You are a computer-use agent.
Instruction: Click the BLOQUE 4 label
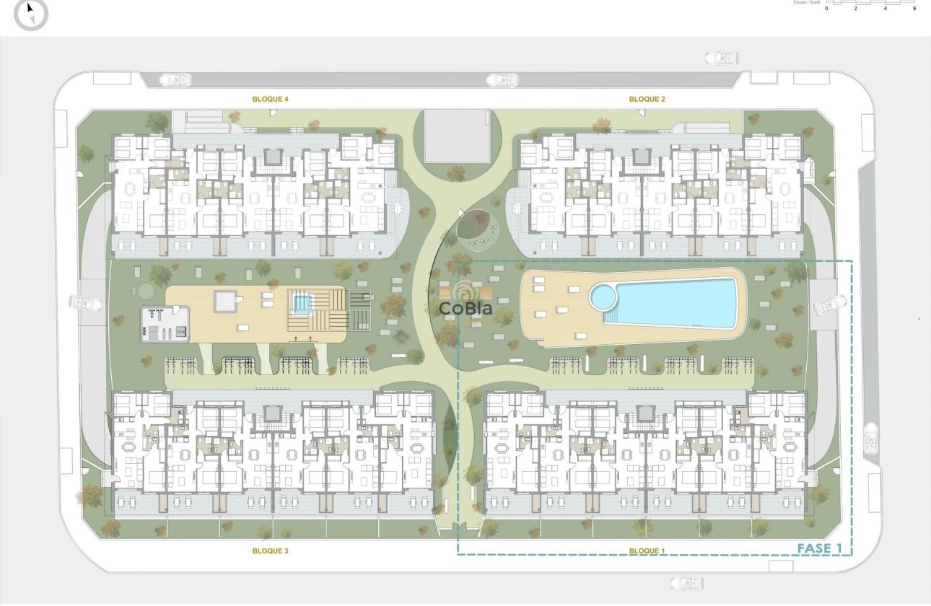pos(271,99)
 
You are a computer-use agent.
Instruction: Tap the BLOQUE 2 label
pos(647,99)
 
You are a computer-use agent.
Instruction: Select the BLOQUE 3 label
pos(271,550)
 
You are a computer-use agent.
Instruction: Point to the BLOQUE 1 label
pos(647,551)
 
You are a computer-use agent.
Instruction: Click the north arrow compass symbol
pos(31,13)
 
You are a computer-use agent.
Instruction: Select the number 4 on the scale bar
pos(885,9)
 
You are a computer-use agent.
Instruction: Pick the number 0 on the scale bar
pos(826,9)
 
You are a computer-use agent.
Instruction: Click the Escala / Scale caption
pos(806,2)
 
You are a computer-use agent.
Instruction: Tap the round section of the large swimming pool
pos(603,296)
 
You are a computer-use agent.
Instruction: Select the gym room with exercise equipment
pos(165,324)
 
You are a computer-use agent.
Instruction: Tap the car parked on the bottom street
pos(686,583)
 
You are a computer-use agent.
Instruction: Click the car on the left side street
pos(85,304)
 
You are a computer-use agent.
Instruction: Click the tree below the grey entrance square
pos(455,174)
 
